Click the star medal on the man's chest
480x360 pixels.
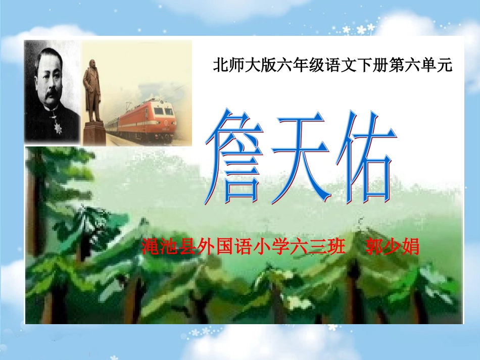point(59,128)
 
